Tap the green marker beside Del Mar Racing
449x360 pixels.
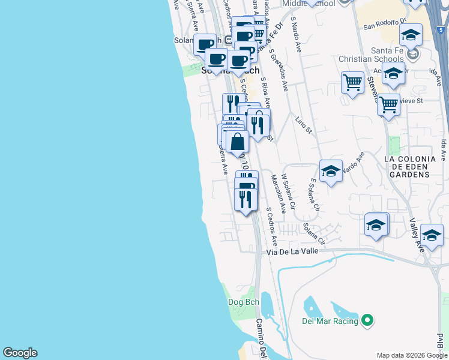click(x=369, y=321)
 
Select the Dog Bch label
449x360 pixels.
click(x=243, y=302)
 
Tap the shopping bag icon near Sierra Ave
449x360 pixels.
click(x=238, y=143)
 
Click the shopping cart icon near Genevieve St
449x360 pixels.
click(x=389, y=105)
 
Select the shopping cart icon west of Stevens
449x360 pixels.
click(x=352, y=82)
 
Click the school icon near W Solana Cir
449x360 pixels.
click(x=331, y=170)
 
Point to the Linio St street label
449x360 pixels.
click(x=304, y=125)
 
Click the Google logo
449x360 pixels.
click(x=20, y=353)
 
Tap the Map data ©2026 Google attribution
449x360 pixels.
click(x=411, y=355)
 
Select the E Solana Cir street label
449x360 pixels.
click(x=312, y=194)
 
